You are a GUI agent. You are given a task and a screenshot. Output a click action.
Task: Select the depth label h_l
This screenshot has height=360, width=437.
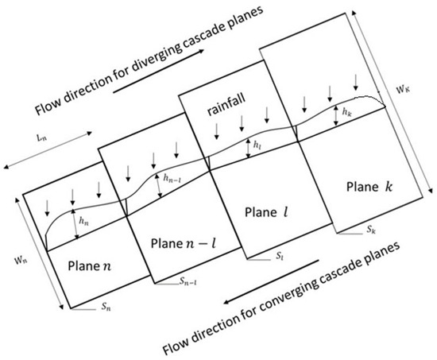(x=256, y=146)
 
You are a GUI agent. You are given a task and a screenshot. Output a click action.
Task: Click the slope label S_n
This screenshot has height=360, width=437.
(x=100, y=304)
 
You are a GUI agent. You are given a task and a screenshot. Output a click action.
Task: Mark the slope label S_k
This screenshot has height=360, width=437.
(x=371, y=229)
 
